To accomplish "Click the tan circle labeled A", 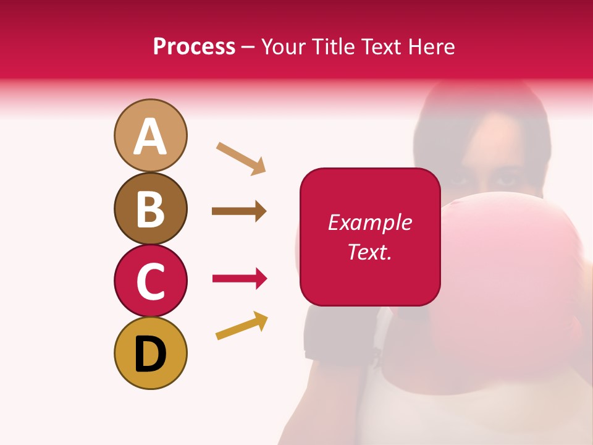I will pos(150,135).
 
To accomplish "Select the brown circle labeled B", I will pos(150,208).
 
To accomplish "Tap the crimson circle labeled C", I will pos(150,281).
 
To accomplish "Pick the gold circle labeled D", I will pos(150,353).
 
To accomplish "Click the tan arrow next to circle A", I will pos(241,158).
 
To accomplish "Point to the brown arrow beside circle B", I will pos(239,211).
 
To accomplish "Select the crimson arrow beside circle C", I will pos(240,279).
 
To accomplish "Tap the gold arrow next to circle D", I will pos(242,326).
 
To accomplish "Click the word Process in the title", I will pos(194,46).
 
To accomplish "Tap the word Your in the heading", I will pos(285,46).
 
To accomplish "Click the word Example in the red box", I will pos(369,222).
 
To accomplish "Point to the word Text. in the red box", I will pos(369,252).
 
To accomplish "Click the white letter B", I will pos(150,209).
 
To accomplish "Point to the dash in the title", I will pos(248,48).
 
